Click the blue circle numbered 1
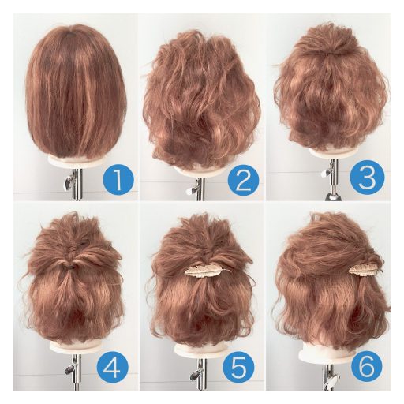(118, 179)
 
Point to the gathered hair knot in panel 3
(332, 54)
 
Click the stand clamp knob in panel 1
(69, 183)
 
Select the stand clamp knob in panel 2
(191, 190)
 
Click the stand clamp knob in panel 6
(334, 380)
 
